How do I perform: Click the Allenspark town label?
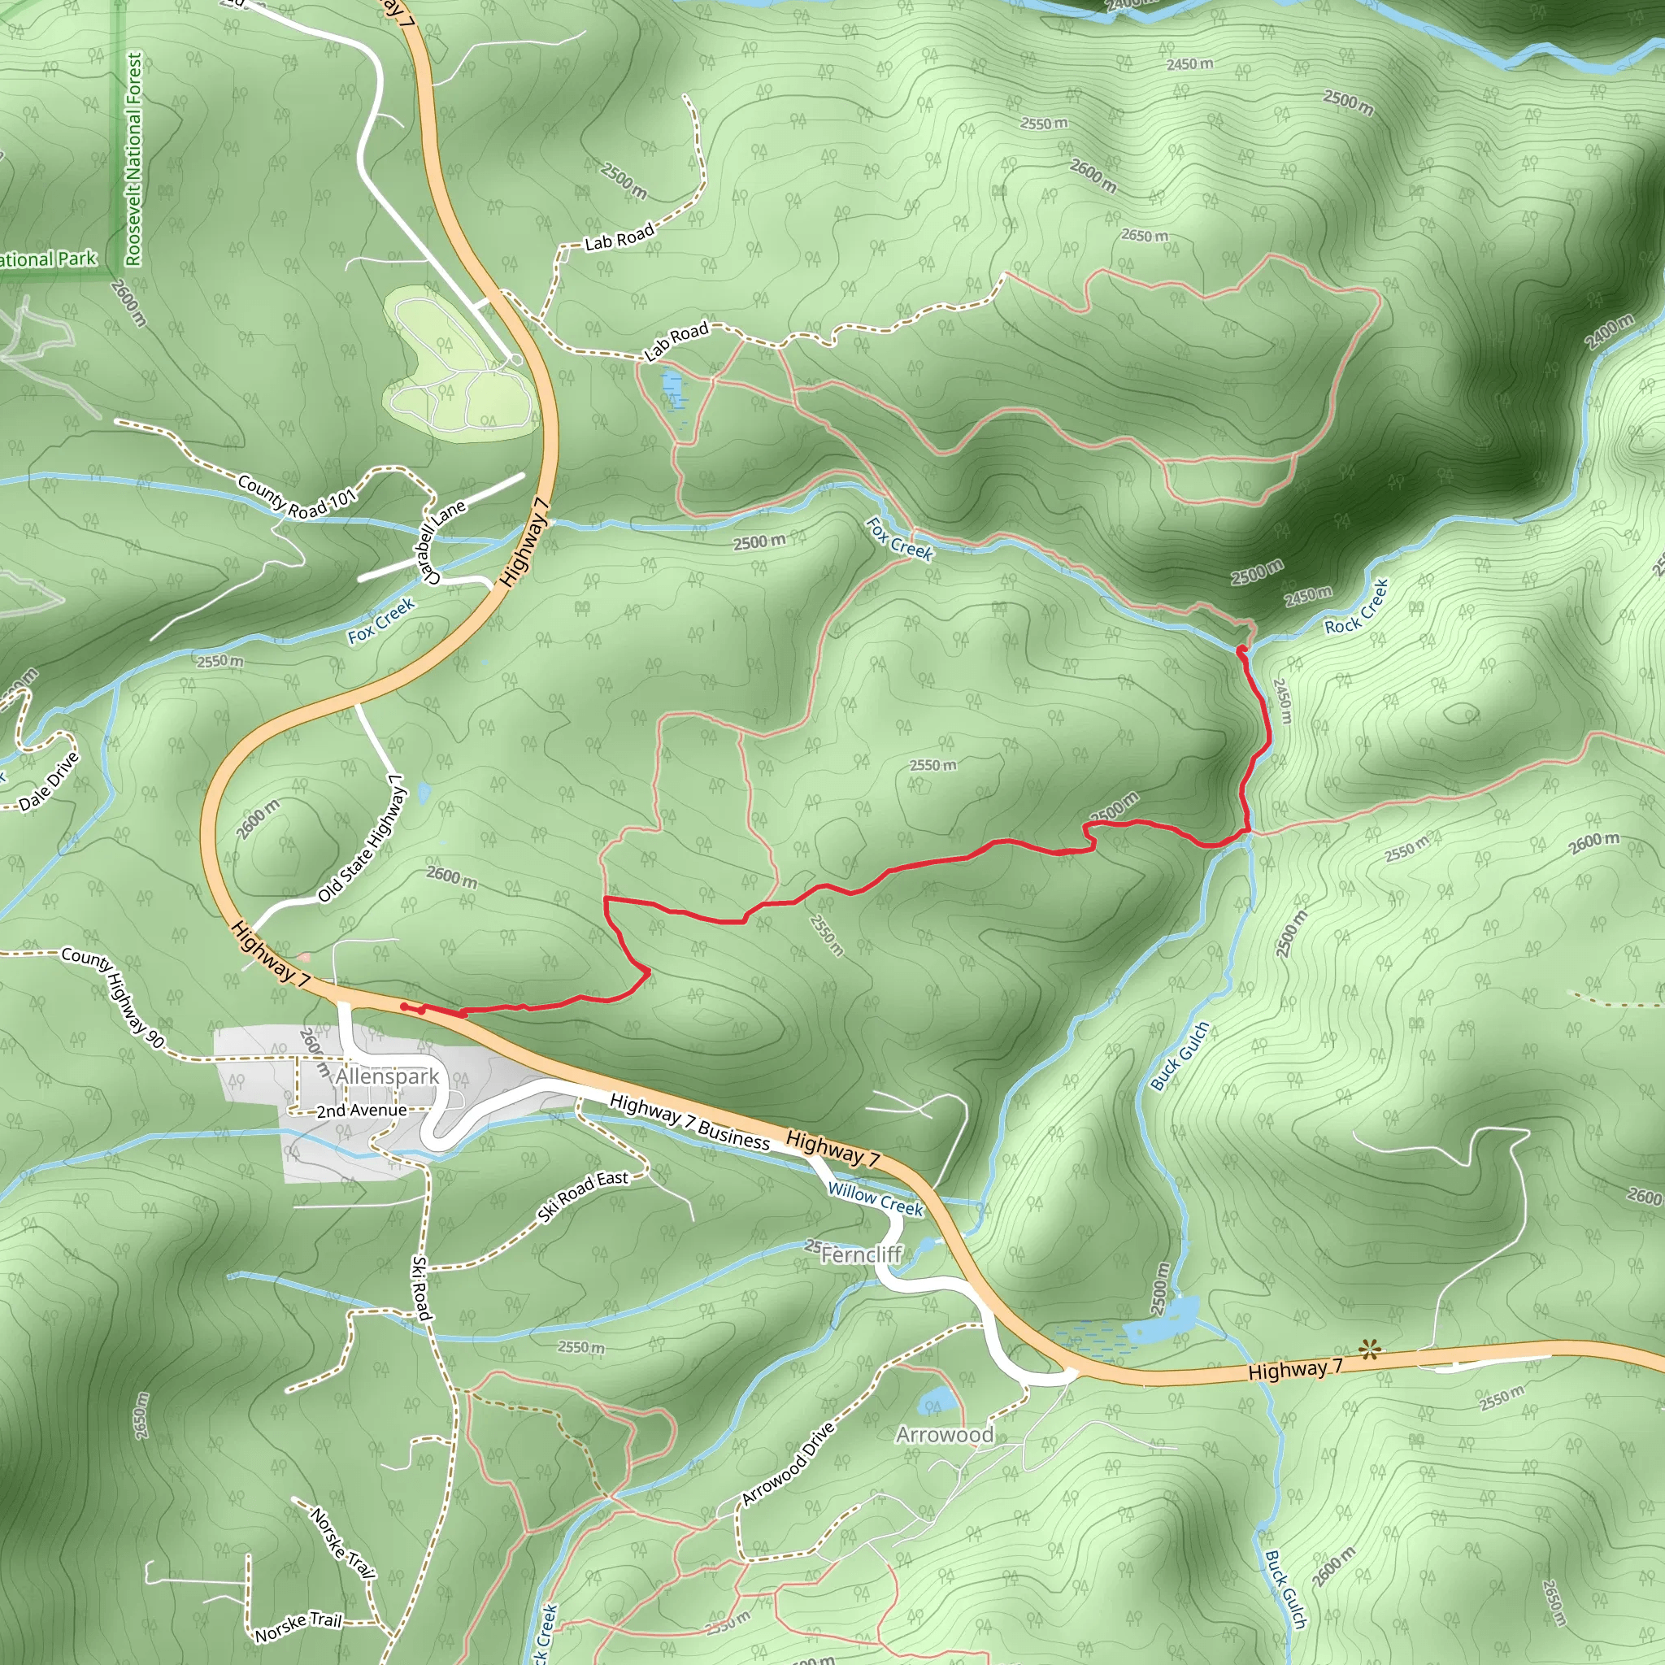pyautogui.click(x=387, y=1077)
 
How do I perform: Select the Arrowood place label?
pyautogui.click(x=945, y=1434)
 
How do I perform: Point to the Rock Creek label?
pyautogui.click(x=1357, y=606)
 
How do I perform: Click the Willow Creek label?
pyautogui.click(x=875, y=1200)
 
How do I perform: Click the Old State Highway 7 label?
pyautogui.click(x=361, y=837)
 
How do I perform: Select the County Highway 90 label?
pyautogui.click(x=112, y=999)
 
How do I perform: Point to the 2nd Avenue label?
pyautogui.click(x=361, y=1111)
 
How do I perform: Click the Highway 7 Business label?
pyautogui.click(x=689, y=1121)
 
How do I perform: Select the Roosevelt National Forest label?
pyautogui.click(x=133, y=159)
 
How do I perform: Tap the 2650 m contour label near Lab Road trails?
pyautogui.click(x=1145, y=235)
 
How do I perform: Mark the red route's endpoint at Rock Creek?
pyautogui.click(x=1241, y=649)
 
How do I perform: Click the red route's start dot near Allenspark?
pyautogui.click(x=404, y=1006)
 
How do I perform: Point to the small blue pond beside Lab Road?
pyautogui.click(x=672, y=389)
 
